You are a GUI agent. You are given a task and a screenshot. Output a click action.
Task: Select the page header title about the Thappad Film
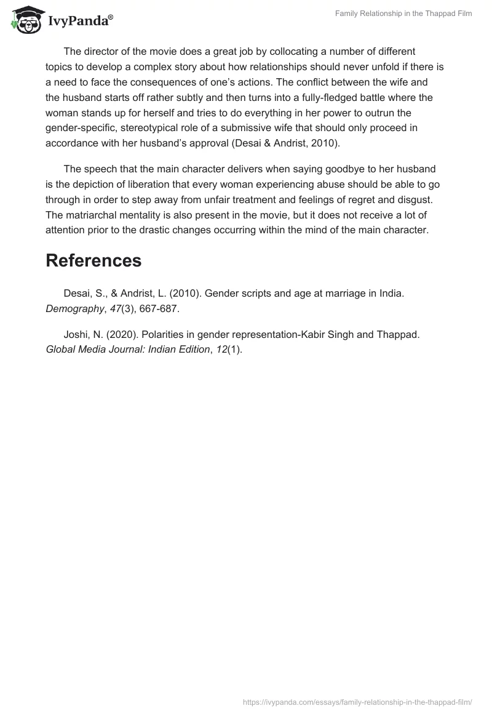[x=403, y=14]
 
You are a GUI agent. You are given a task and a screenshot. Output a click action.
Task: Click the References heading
[x=93, y=260]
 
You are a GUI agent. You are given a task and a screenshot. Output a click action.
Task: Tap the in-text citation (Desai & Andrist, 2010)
[x=287, y=143]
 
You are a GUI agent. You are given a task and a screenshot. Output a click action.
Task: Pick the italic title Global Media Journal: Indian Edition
[x=127, y=350]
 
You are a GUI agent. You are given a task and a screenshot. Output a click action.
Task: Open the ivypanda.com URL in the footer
[x=357, y=702]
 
